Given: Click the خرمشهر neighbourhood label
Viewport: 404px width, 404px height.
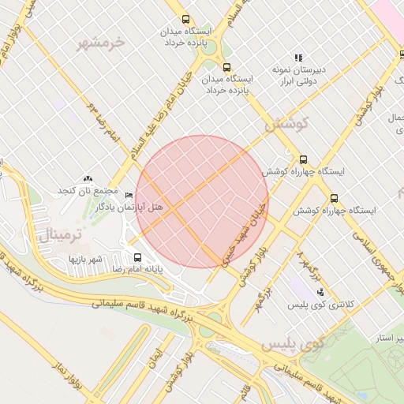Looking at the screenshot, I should click(101, 43).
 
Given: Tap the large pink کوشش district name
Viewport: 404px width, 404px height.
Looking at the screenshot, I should click(283, 125).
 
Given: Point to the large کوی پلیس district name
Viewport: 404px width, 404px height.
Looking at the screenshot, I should click(303, 344).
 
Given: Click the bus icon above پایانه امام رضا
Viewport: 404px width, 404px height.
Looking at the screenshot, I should click(138, 257).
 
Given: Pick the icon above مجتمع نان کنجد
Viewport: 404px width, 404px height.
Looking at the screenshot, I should click(88, 179).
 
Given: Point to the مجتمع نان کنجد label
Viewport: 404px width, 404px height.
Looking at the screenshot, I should click(88, 191).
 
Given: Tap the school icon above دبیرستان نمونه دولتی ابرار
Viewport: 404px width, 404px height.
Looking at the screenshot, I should click(298, 58).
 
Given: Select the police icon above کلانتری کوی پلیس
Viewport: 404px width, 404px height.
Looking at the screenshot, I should click(320, 292).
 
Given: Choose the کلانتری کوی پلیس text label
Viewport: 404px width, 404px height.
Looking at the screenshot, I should click(320, 305).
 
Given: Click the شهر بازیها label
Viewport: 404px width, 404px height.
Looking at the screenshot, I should click(86, 259).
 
